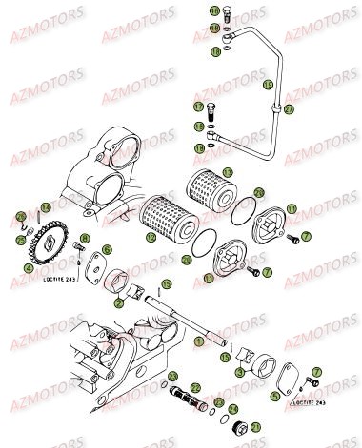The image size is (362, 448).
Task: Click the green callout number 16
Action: click(213, 10)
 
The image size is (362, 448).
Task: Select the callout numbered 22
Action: click(193, 389)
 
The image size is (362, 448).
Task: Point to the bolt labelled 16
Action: click(229, 12)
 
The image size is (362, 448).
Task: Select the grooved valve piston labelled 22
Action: click(177, 389)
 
